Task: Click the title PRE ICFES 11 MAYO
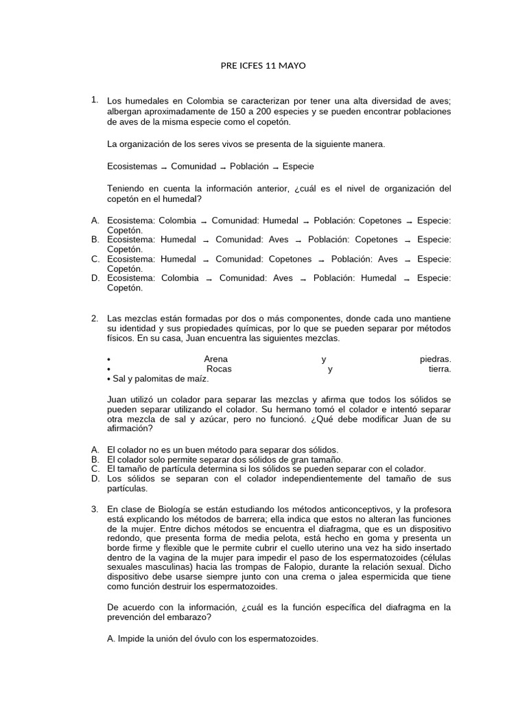point(263,66)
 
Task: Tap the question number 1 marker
point(95,101)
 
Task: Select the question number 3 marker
point(95,509)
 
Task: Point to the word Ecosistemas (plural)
point(132,166)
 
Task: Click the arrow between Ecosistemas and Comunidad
point(164,168)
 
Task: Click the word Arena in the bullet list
point(215,359)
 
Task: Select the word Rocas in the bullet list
point(219,369)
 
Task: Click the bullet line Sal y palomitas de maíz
point(158,378)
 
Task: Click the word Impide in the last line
point(131,638)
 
